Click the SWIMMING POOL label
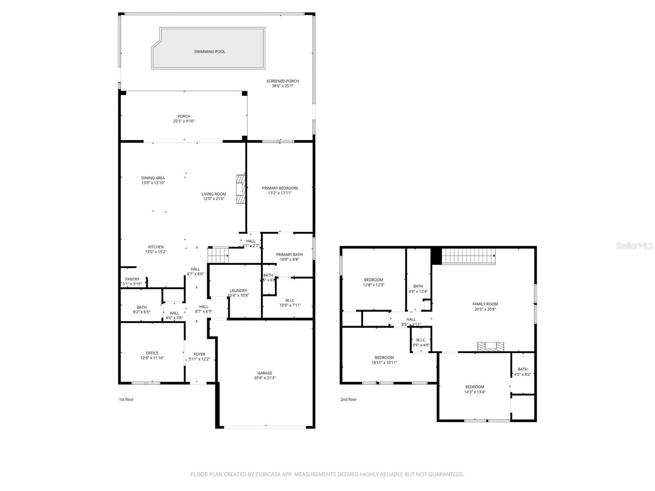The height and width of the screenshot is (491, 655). click(210, 52)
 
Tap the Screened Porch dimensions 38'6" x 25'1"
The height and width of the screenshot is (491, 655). click(282, 86)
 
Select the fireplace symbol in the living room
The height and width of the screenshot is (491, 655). click(240, 189)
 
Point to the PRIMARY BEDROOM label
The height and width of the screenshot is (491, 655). click(280, 188)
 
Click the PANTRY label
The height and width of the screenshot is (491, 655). click(132, 279)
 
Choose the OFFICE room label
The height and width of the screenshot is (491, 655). click(152, 353)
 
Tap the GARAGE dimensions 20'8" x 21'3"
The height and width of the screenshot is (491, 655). click(265, 378)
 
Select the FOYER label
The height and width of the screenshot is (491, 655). click(199, 354)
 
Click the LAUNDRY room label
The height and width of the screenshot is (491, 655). click(238, 291)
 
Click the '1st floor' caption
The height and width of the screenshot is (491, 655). click(126, 399)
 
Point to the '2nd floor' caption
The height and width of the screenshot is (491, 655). click(348, 399)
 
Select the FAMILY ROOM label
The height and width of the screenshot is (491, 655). click(485, 304)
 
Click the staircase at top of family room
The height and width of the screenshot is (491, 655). click(468, 256)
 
